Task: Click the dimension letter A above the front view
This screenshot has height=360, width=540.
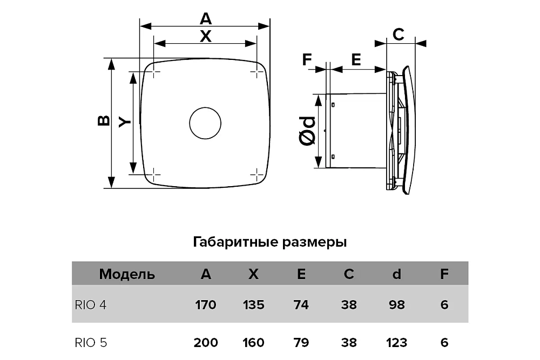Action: [x=205, y=19]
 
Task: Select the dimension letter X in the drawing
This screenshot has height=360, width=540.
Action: [x=205, y=36]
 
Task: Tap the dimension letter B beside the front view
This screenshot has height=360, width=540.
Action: [x=104, y=121]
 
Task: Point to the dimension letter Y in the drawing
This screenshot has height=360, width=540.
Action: [x=124, y=122]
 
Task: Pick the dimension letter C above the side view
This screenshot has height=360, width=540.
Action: [x=397, y=35]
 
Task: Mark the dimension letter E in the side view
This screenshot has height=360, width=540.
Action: [x=356, y=59]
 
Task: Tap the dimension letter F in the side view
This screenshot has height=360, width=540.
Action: [x=307, y=59]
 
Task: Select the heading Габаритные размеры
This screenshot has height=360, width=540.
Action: [x=269, y=242]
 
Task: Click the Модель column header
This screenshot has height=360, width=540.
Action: [x=127, y=274]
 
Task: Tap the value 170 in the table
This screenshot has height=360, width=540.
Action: [x=205, y=305]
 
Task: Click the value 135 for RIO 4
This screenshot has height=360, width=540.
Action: [x=253, y=305]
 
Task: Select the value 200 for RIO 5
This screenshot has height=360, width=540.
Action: [x=205, y=342]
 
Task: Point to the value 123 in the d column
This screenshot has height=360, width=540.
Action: [x=396, y=342]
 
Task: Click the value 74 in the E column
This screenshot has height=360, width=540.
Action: [x=301, y=305]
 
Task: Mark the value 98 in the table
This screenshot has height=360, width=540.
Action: [x=396, y=305]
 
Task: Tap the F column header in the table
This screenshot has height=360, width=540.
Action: [x=444, y=274]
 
